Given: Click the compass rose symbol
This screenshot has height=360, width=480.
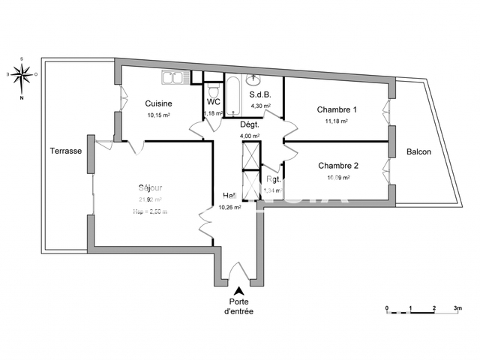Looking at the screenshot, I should [22, 74].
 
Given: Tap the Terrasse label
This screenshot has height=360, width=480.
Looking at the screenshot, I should [66, 151].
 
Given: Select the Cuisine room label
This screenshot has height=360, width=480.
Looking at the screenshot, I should [159, 103].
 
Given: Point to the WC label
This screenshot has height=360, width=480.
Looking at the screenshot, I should [213, 101].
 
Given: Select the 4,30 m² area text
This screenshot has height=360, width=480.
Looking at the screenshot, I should [260, 106].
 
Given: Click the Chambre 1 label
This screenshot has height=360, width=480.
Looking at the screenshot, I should [337, 109].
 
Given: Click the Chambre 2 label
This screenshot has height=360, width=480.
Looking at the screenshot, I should [338, 166].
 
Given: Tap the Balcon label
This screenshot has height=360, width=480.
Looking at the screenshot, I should [418, 151].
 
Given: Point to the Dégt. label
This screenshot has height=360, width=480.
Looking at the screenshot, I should [249, 124].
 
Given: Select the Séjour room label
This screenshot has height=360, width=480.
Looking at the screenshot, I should [150, 187].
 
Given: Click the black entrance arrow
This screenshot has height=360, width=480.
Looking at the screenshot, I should [239, 291].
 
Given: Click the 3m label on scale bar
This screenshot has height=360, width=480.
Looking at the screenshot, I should [458, 308].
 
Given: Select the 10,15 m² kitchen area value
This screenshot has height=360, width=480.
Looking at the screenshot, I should [158, 115].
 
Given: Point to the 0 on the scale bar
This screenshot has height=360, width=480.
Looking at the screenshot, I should [386, 308].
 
